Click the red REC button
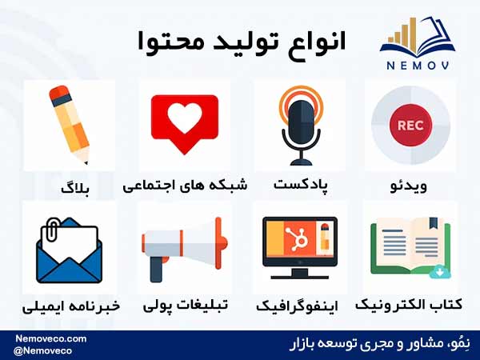point(410,126)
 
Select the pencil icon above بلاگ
point(70,125)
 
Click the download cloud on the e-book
point(439,272)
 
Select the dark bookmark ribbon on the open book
point(433,223)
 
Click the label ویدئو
point(409,186)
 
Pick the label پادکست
point(300,185)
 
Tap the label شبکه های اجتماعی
point(185,186)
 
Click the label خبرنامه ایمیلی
point(71,306)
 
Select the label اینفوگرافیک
point(297,306)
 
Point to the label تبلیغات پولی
point(186,306)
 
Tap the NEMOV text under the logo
point(418,66)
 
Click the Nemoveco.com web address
point(51,339)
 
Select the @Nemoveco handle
point(42,351)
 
